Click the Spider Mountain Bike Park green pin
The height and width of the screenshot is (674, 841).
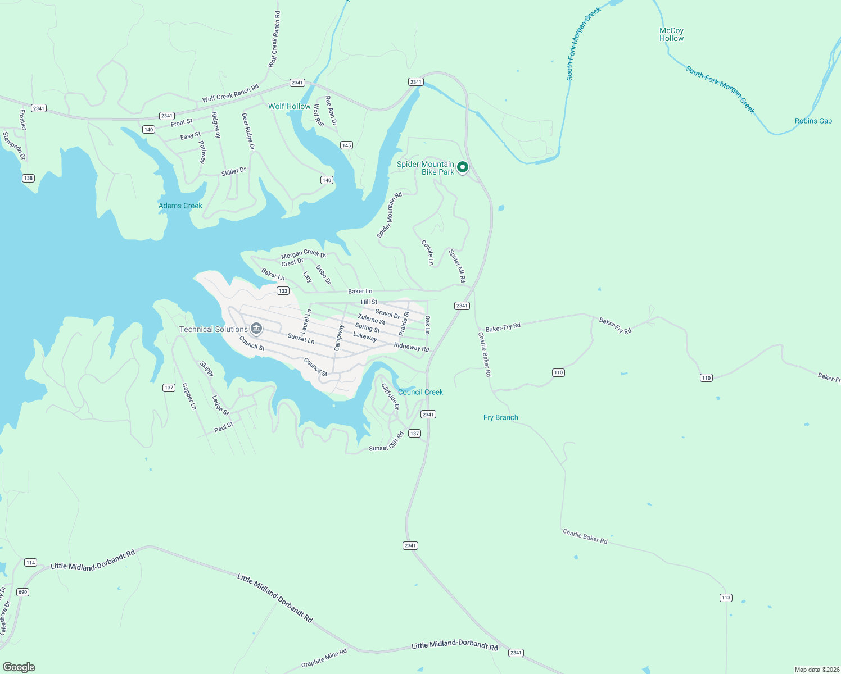click(x=462, y=167)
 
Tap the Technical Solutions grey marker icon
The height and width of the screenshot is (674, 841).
click(x=256, y=328)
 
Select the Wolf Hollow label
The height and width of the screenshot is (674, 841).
click(x=289, y=106)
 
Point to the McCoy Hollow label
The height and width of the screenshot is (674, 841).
click(x=671, y=35)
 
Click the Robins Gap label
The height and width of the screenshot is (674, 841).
click(x=813, y=121)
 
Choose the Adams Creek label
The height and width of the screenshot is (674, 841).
click(x=180, y=206)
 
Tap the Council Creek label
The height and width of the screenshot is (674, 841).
click(x=420, y=392)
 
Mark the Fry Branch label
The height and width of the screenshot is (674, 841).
click(x=500, y=417)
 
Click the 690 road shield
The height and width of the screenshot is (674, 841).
click(x=22, y=592)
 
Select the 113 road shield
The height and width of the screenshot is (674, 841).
click(x=726, y=598)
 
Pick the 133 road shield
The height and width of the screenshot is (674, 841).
click(x=283, y=291)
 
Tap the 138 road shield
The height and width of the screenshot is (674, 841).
click(x=28, y=178)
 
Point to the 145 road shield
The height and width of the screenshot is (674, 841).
click(x=346, y=145)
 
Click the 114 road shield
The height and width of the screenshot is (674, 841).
click(x=30, y=562)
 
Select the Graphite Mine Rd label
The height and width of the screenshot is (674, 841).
click(x=324, y=658)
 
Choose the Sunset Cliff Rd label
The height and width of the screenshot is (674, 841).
click(x=386, y=442)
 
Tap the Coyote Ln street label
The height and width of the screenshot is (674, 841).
click(x=427, y=253)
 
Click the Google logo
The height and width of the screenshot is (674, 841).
click(x=19, y=667)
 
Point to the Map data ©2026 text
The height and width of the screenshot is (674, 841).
click(x=816, y=670)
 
